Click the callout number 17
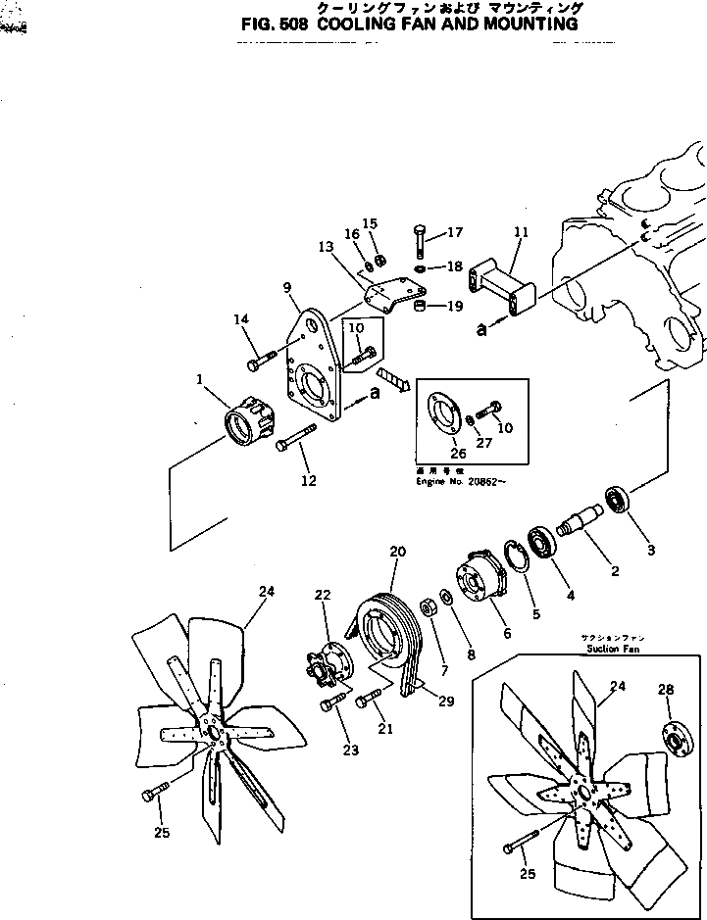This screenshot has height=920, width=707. click(x=454, y=233)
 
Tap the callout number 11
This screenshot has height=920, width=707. click(x=520, y=233)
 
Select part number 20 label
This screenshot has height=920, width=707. click(x=396, y=552)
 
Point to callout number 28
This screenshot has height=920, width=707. click(x=666, y=690)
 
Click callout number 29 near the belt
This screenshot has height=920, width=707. click(x=447, y=702)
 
